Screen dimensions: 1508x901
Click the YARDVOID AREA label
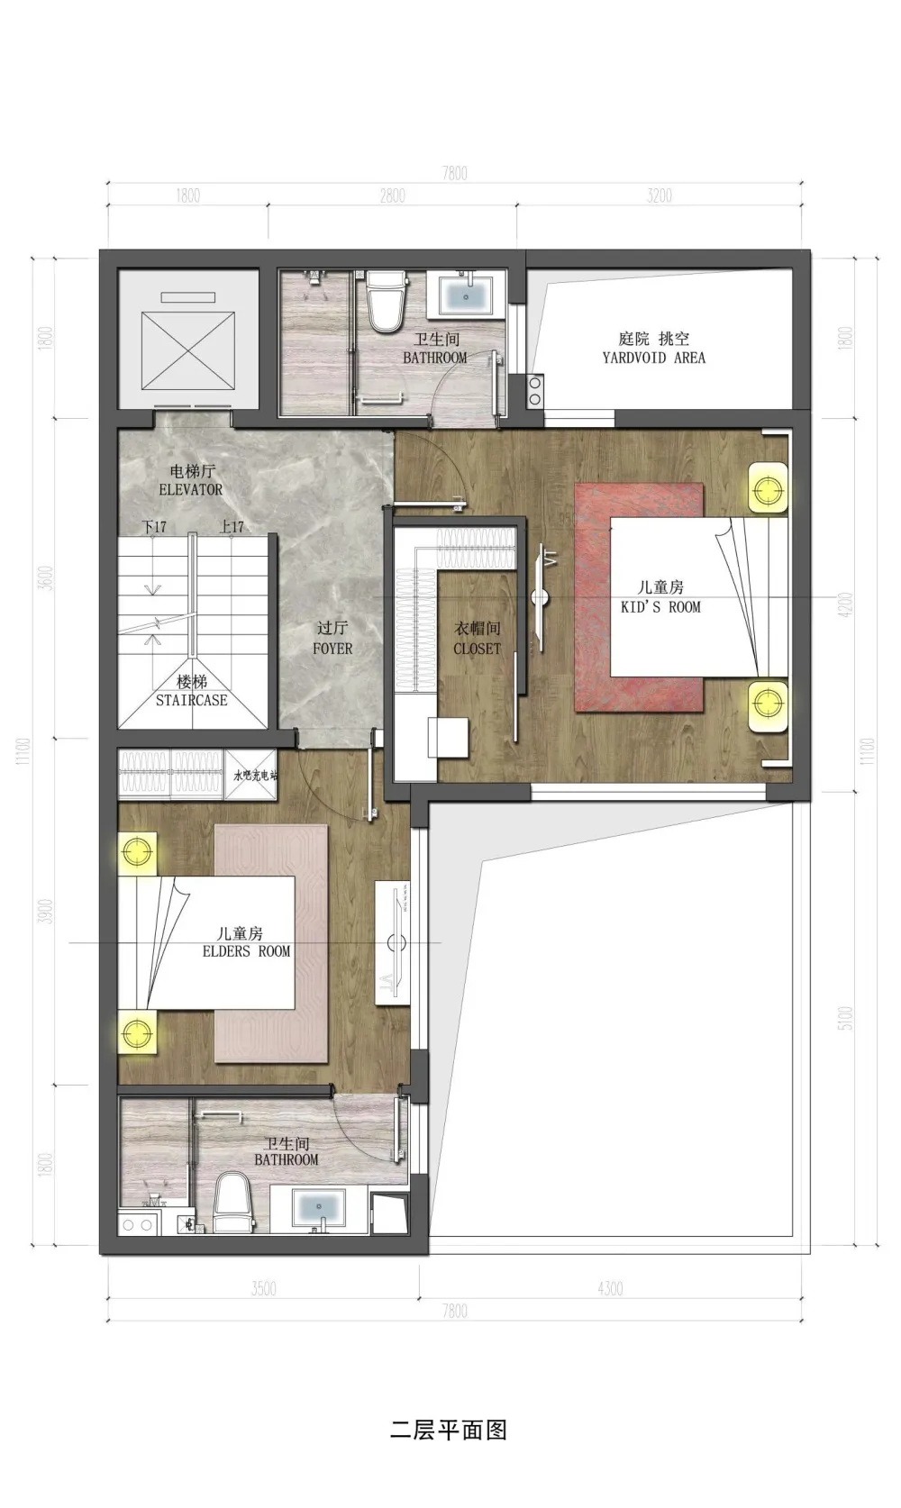(653, 358)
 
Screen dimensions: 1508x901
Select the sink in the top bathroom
(466, 295)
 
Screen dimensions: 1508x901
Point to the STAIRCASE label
(191, 700)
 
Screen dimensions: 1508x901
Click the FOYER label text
(332, 649)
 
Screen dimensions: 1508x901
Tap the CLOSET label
(477, 649)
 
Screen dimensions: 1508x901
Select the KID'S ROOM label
(660, 607)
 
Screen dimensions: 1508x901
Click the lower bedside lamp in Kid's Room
(768, 701)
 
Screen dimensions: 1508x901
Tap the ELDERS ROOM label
(246, 951)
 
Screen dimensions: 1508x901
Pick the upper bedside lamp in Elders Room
(137, 851)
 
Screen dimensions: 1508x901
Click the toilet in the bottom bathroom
(234, 1203)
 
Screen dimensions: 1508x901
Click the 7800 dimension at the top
(455, 173)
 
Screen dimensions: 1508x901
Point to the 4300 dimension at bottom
(610, 1288)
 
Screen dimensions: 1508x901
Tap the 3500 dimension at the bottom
(263, 1288)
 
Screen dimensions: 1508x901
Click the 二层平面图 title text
(448, 1430)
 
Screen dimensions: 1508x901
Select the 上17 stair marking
(232, 527)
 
